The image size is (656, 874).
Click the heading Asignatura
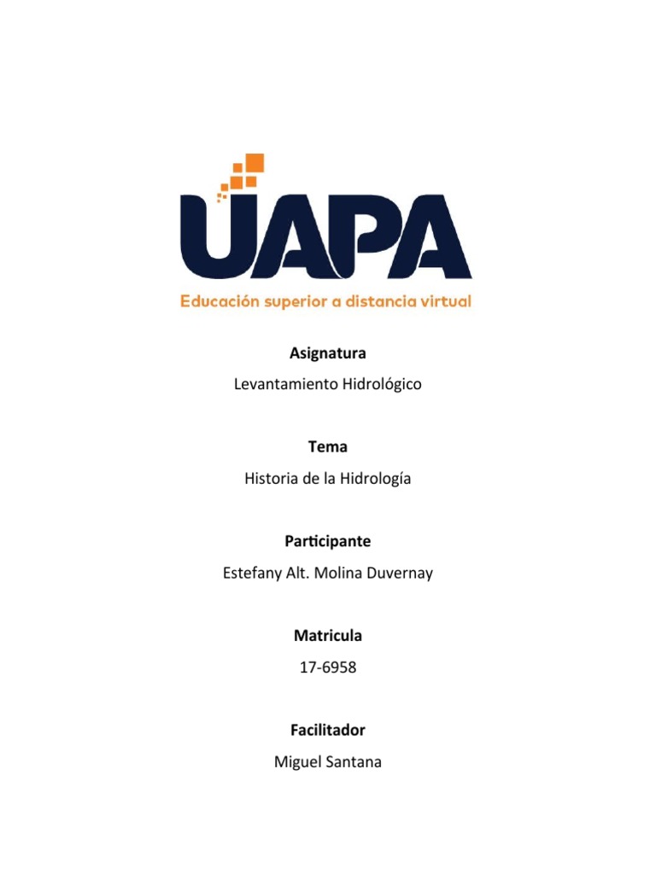[x=328, y=353]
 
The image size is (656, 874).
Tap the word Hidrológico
[x=382, y=384]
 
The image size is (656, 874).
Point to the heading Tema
[x=328, y=446]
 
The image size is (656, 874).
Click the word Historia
[x=272, y=479]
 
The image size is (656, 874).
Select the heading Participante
[x=328, y=541]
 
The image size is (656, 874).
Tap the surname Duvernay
[x=399, y=573]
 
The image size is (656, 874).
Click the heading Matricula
[x=328, y=635]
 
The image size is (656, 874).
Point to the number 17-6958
[x=328, y=667]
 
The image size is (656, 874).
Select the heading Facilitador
[x=328, y=730]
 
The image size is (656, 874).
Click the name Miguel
[x=296, y=762]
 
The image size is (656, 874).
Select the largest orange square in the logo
[x=254, y=163]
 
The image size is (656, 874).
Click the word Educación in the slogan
[x=217, y=302]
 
